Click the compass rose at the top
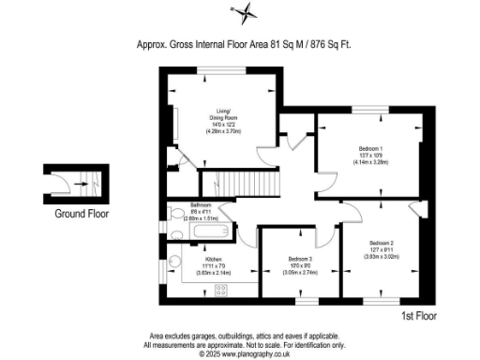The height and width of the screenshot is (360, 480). click(246, 12)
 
